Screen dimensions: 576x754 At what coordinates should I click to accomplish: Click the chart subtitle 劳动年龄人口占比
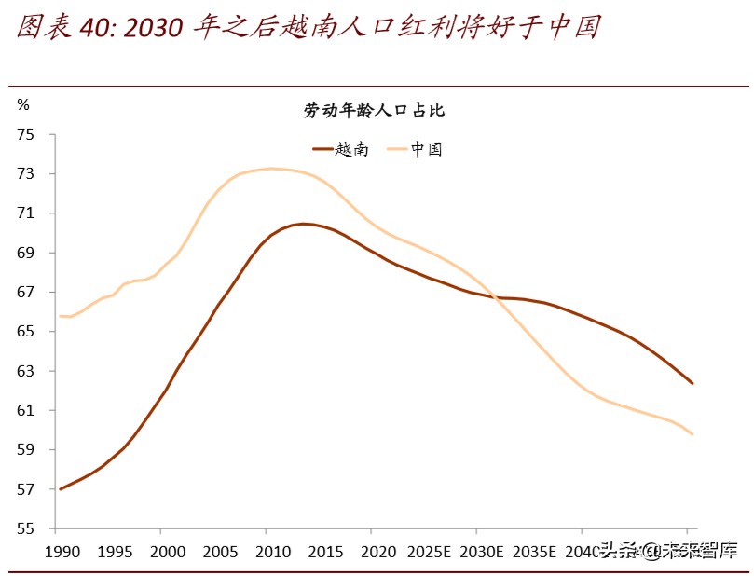375,111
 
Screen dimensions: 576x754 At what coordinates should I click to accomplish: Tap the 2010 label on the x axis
267,550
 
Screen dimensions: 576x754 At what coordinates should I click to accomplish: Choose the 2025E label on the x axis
430,550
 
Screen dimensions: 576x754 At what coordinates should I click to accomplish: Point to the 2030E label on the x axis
483,550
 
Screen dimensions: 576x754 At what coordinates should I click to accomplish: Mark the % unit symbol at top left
23,103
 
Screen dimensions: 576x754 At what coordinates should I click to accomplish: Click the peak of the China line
270,169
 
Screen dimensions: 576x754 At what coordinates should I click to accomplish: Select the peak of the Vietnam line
303,224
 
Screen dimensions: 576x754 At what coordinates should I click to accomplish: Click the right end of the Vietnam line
692,383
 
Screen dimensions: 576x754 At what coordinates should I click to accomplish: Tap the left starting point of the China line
60,316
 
